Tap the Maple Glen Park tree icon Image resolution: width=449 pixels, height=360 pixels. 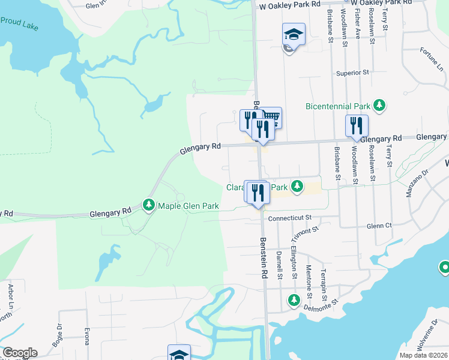149,206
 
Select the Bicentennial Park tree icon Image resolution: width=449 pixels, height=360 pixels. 379,106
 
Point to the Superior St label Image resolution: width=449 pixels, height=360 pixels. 352,73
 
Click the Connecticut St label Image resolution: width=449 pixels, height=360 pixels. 291,217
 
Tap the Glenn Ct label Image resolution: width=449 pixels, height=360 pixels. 379,226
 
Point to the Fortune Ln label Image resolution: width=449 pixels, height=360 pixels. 431,58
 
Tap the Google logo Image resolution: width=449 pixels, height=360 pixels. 20,353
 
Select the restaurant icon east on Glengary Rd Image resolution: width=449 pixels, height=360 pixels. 357,125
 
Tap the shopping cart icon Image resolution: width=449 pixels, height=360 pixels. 272,117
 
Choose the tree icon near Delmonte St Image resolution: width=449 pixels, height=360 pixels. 294,299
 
